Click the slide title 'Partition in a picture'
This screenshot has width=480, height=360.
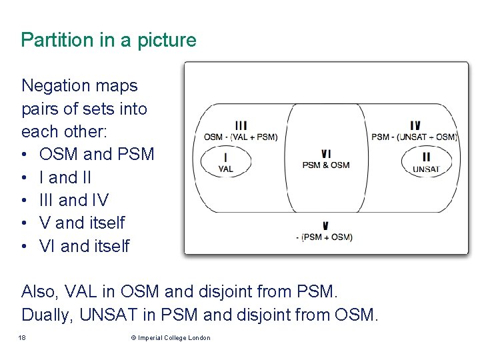tap(109, 40)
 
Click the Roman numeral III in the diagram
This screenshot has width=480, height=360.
tap(241, 125)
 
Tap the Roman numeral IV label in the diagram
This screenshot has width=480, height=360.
tap(415, 125)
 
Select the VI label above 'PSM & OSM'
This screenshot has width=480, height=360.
tap(325, 154)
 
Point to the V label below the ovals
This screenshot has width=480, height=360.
tap(325, 226)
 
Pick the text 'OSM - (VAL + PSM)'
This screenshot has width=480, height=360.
tap(241, 137)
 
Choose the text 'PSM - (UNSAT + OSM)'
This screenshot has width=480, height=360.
tap(414, 137)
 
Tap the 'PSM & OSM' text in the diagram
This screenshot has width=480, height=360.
tap(325, 165)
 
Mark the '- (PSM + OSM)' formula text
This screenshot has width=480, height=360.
tap(324, 237)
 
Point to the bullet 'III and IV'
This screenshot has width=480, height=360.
tap(73, 200)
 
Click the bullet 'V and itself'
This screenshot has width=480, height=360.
tap(82, 223)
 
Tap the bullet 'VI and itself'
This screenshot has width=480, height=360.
tap(84, 246)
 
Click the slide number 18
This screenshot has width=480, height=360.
tap(23, 338)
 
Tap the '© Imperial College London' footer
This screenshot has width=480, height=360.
tap(171, 338)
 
